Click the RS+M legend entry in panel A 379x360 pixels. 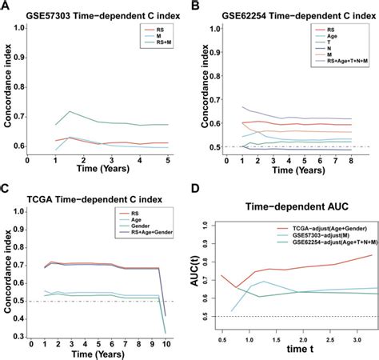[162, 50]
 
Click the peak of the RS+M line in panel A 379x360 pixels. [70, 112]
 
